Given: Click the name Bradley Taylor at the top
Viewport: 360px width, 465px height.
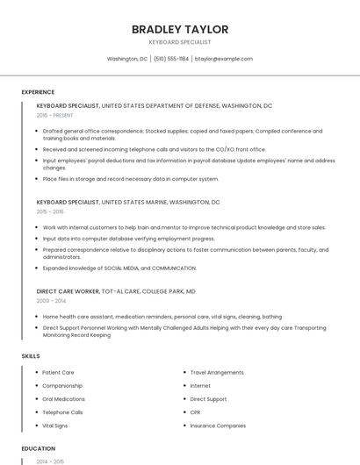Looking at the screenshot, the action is (179, 29).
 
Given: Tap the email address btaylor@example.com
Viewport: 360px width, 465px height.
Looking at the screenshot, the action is (224, 59).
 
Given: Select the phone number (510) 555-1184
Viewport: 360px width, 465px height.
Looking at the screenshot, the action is (171, 59).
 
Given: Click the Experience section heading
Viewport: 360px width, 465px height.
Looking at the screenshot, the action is (38, 92).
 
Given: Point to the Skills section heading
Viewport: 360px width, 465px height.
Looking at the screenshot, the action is (31, 356).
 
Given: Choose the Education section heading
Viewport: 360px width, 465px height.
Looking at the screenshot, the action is (37, 447).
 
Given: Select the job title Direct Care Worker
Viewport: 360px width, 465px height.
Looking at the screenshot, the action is (68, 290).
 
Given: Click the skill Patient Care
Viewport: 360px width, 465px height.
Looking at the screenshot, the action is (58, 372).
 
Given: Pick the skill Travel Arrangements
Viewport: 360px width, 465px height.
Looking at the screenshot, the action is (216, 372).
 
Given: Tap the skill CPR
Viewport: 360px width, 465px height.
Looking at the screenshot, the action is (196, 411).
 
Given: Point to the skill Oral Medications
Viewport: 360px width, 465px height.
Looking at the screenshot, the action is (63, 398).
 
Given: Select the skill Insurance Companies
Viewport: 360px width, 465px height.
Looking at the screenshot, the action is (218, 425).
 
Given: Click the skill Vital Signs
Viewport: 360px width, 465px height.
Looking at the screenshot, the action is (54, 425).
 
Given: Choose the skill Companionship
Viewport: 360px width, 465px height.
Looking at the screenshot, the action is (62, 385).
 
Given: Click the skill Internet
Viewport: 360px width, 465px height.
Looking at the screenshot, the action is (200, 385).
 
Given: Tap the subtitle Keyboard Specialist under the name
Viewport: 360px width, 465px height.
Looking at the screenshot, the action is (179, 42).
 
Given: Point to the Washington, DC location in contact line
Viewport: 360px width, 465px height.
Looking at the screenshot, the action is (127, 59).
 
